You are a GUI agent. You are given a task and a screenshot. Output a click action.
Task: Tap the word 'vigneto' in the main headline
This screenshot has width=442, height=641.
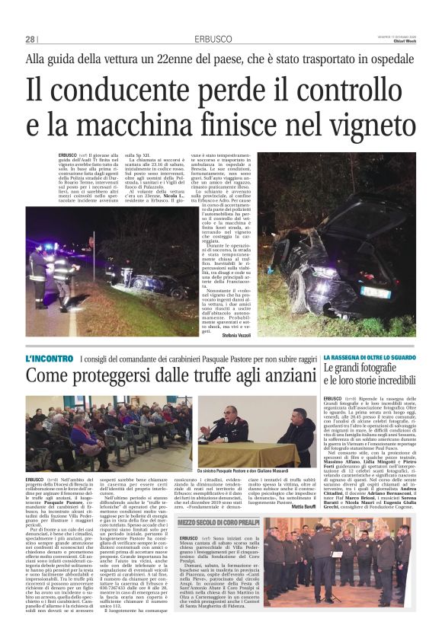pos(360,123)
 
